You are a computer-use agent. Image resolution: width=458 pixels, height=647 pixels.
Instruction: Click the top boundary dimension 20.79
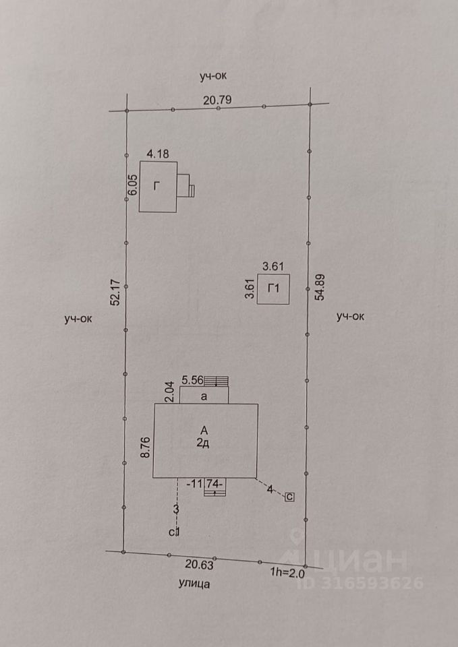[218, 100]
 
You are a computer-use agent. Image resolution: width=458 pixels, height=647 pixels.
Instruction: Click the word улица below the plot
[194, 584]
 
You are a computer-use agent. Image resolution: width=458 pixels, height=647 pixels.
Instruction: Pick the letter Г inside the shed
[156, 187]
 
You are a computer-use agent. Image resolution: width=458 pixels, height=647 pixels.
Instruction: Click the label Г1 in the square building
[274, 289]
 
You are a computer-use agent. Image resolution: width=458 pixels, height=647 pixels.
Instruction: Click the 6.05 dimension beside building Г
[133, 185]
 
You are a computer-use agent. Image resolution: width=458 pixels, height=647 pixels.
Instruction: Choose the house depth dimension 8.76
[144, 446]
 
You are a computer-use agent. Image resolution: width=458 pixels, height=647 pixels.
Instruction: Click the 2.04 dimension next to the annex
[170, 392]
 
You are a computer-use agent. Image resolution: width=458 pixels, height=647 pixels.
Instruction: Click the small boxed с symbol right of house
[289, 497]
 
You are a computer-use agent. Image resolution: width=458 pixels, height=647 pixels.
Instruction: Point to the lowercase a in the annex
[204, 398]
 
